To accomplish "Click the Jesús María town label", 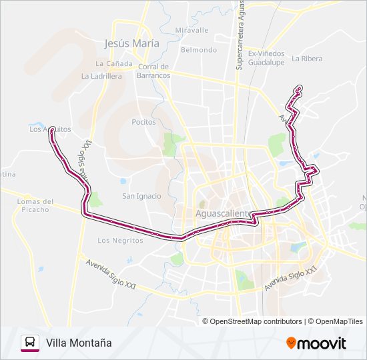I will coord(132,43).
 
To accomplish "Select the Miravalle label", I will coord(192,31).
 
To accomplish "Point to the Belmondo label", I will coord(199,50).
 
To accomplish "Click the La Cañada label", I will coord(109,64).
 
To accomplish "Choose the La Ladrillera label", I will coord(101,76).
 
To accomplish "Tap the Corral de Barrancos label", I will coord(154,71).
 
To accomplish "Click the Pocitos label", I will coord(143,122).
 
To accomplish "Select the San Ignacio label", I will coord(141,196).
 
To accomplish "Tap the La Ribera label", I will coord(307,59).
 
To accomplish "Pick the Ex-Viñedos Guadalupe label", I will coord(266,57).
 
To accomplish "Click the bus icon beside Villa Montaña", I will coord(30,343).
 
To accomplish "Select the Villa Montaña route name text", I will coord(79,343).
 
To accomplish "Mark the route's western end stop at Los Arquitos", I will coord(51,129).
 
